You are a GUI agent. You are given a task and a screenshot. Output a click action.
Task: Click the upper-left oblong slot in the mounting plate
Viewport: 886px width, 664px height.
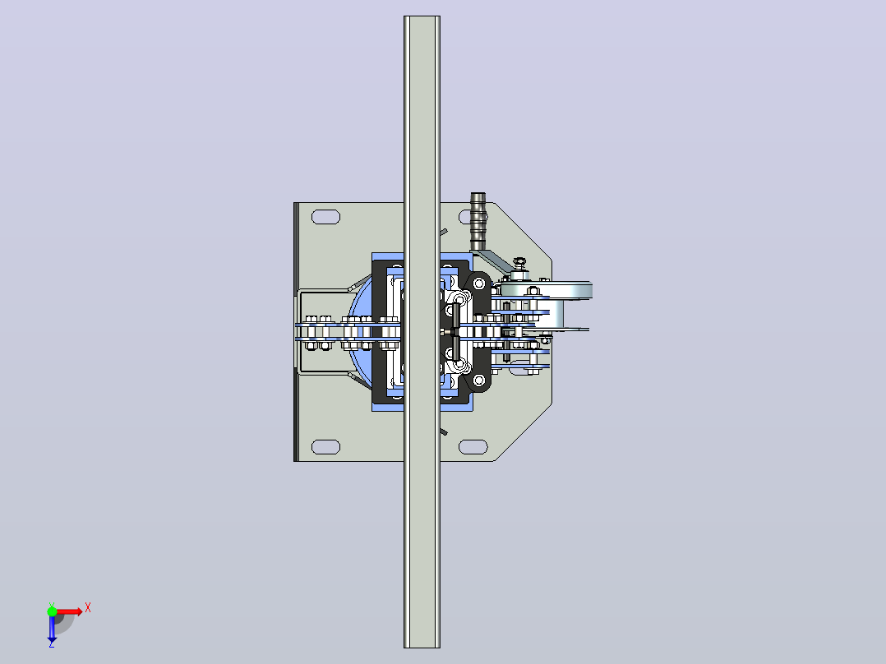click(x=326, y=217)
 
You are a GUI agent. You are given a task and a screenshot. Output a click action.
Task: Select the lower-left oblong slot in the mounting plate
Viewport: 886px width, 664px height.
click(x=326, y=447)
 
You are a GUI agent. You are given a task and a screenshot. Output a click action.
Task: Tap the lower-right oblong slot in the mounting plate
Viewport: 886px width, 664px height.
click(x=473, y=447)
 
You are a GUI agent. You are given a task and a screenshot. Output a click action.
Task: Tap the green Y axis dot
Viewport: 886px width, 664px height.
click(x=52, y=611)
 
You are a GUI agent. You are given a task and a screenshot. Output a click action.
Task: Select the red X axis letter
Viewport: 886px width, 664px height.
click(x=88, y=608)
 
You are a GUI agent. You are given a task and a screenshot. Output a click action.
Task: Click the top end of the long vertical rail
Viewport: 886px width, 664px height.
click(x=422, y=16)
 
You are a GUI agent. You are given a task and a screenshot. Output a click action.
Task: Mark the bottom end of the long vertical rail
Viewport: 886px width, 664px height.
click(x=422, y=648)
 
